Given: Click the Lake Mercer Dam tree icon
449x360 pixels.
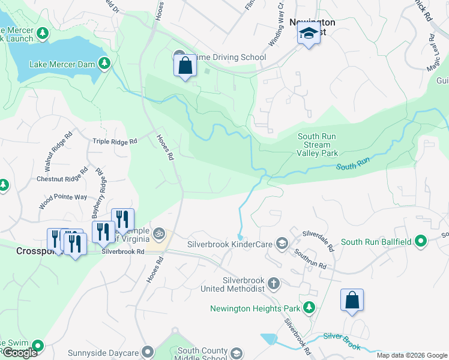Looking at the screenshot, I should point(104,62).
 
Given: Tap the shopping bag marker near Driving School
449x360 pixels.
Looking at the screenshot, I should point(185,65).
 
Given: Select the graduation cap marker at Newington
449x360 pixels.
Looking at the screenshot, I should point(309,34).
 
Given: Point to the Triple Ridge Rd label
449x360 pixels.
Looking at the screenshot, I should point(115,142).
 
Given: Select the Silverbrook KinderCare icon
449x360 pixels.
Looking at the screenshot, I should point(282,243).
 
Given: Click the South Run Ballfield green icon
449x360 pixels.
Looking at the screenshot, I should point(421,242).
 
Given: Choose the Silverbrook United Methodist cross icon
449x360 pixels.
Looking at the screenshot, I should point(273,283).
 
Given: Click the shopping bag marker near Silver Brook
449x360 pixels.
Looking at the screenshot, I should point(352,300).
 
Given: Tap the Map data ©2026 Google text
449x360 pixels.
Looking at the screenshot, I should point(412,356).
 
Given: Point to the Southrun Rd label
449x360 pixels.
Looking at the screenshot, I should point(310,259).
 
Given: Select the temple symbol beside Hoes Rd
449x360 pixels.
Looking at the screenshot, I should point(159,232).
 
